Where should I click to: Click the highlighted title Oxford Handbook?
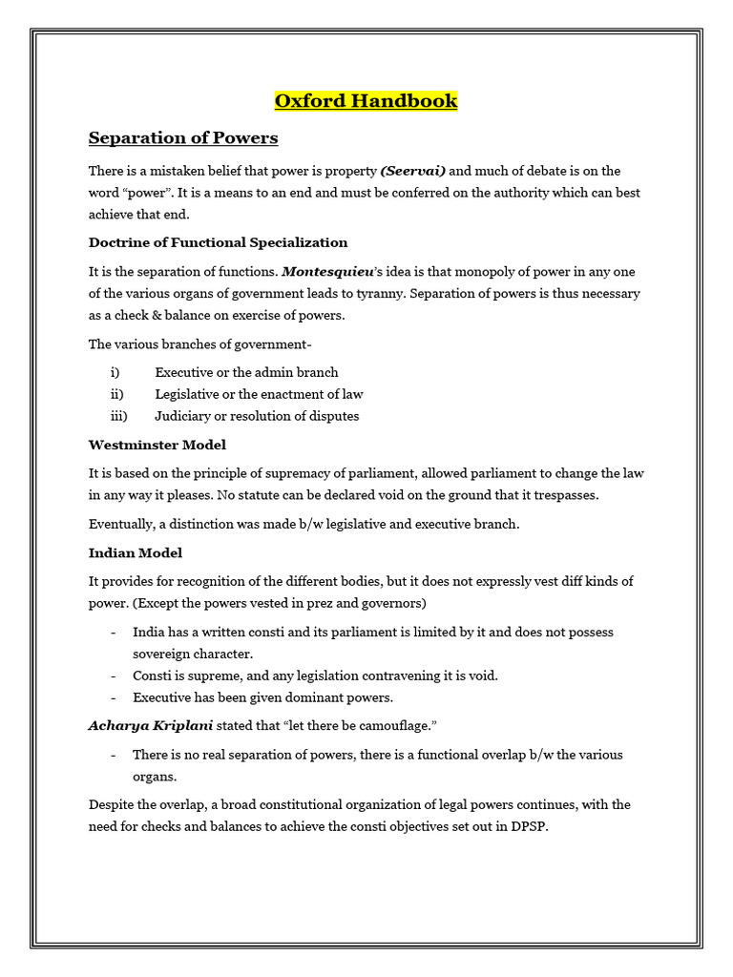click(x=366, y=100)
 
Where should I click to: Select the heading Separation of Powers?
click(x=183, y=138)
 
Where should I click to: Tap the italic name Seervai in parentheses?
click(x=413, y=171)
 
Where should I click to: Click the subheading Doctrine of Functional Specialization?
click(x=218, y=242)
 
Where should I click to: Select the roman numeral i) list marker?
click(x=115, y=372)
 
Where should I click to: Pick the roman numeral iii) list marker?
click(x=118, y=416)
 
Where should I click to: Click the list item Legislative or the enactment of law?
click(x=259, y=394)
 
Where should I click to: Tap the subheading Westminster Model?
click(x=157, y=445)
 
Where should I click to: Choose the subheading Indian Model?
click(x=136, y=552)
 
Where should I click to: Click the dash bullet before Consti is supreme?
click(x=115, y=676)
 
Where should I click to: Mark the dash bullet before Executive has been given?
click(x=115, y=697)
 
